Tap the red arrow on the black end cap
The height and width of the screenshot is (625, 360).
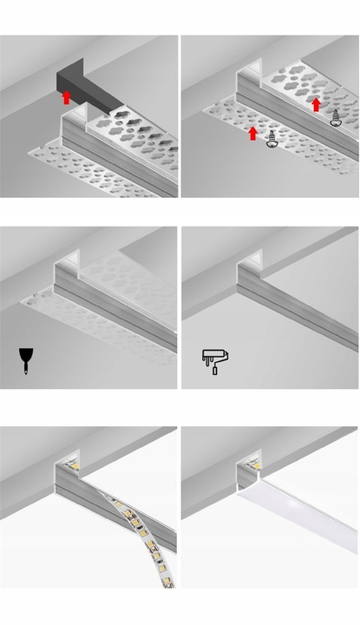tap(67, 97)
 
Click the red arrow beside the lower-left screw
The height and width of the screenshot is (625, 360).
tap(252, 133)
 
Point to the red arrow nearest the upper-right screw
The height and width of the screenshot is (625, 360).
tap(317, 103)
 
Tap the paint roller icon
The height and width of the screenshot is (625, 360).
tap(211, 359)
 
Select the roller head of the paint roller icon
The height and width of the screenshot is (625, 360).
tap(213, 352)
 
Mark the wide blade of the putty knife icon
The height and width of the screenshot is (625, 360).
tap(24, 353)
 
